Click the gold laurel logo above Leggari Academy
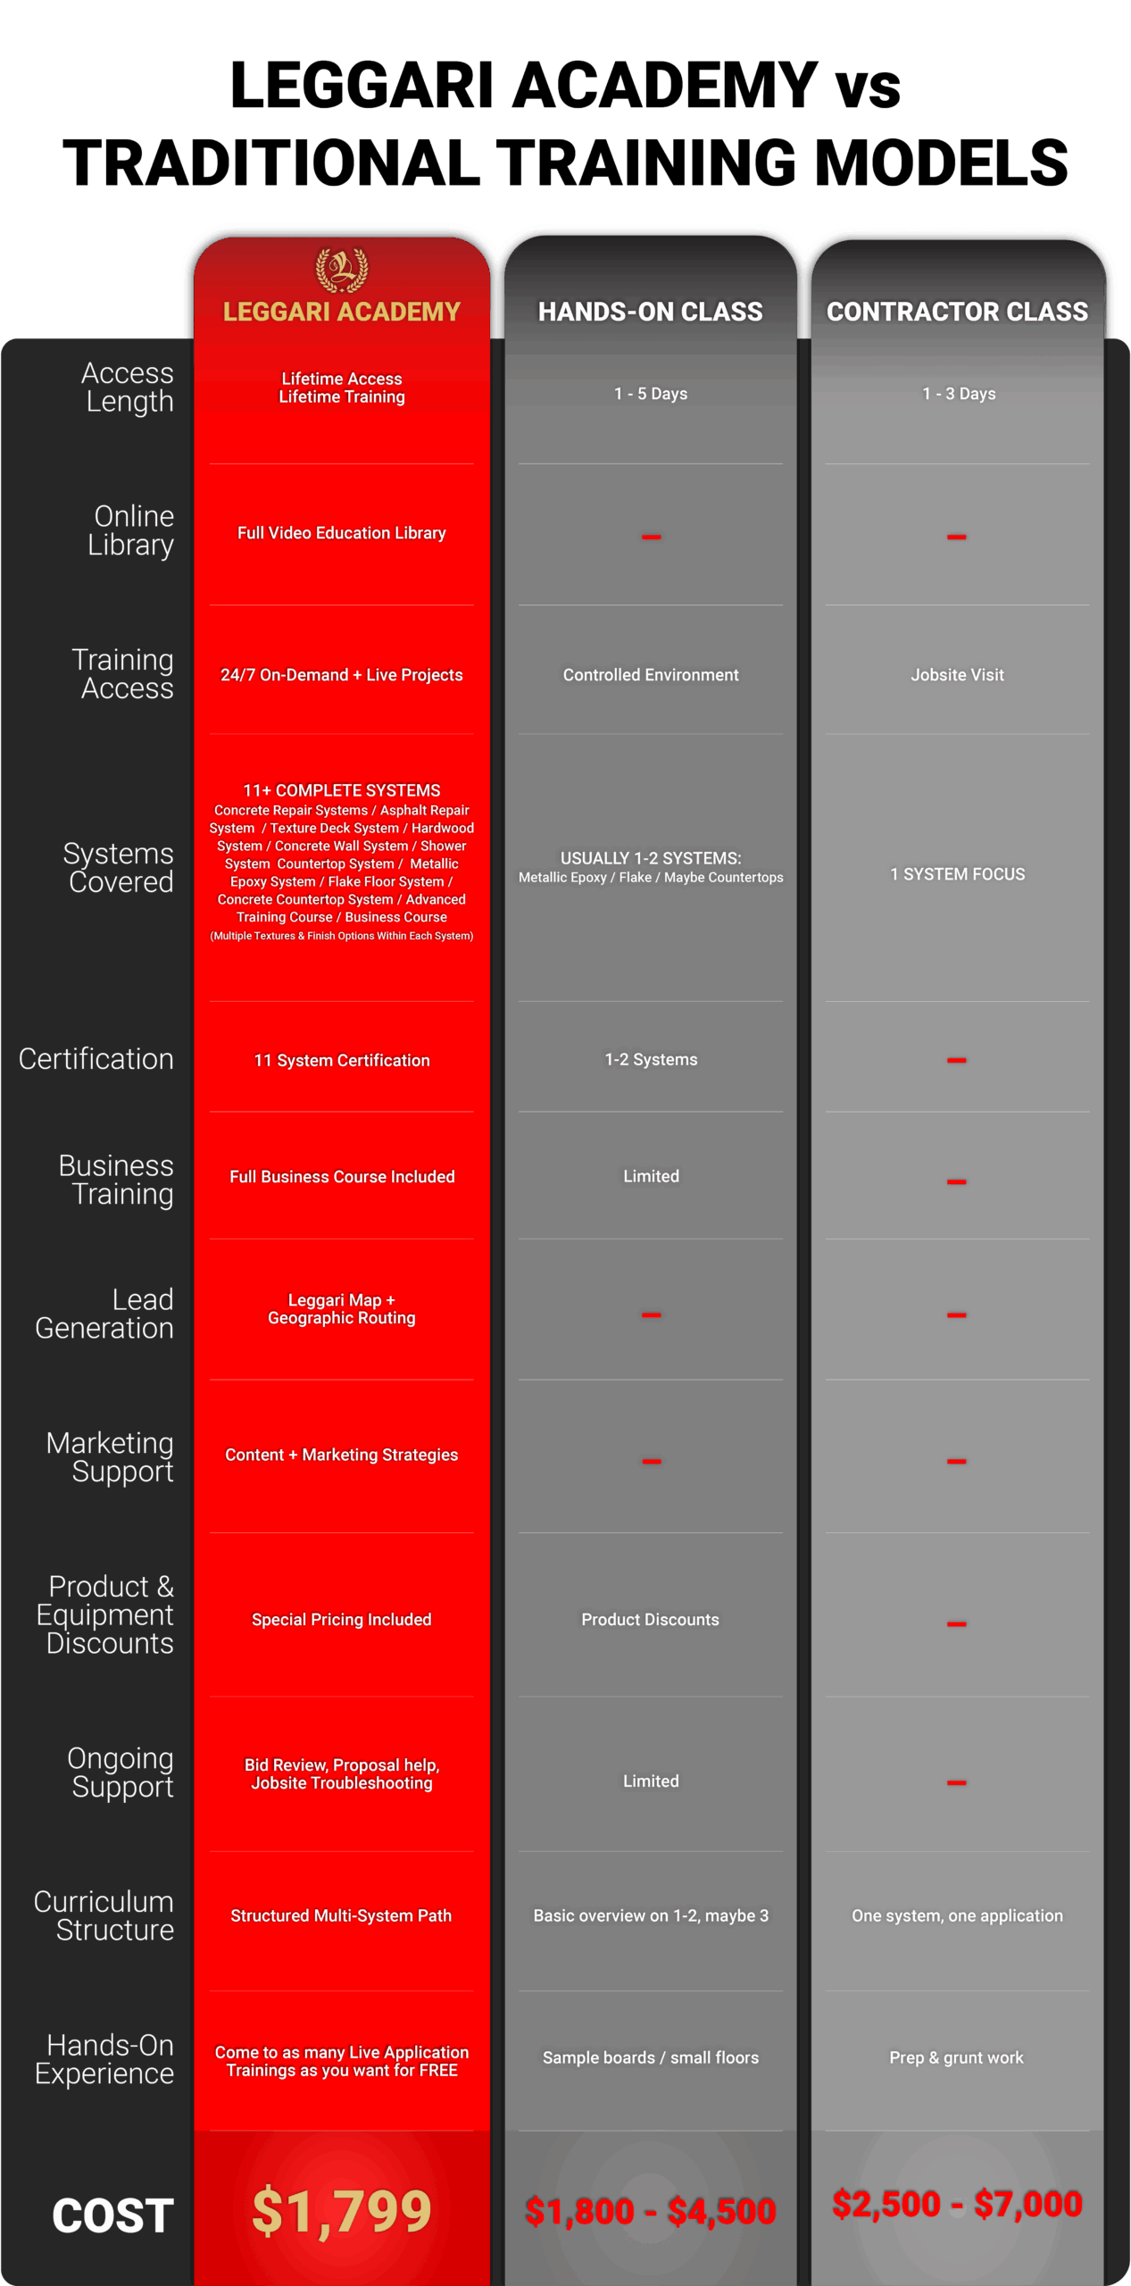[x=341, y=270]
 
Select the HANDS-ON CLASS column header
[x=650, y=312]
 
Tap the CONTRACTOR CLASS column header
[x=957, y=312]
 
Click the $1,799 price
[x=342, y=2211]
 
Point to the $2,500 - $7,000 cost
[x=957, y=2204]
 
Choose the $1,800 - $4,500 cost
[x=650, y=2211]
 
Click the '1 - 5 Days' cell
[x=650, y=394]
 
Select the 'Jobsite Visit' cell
[x=957, y=675]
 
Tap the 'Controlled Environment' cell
[x=650, y=675]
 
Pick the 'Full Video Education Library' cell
[x=341, y=533]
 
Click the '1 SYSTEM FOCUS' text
[x=957, y=874]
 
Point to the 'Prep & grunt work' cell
[x=956, y=2057]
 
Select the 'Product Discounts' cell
[x=650, y=1620]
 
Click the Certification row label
[x=96, y=1059]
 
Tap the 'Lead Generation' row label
[x=105, y=1314]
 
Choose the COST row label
[x=112, y=2215]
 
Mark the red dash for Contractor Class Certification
[x=956, y=1060]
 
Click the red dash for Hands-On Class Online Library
[x=651, y=537]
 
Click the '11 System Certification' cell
[x=342, y=1060]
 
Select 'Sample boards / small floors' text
[x=650, y=2057]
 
